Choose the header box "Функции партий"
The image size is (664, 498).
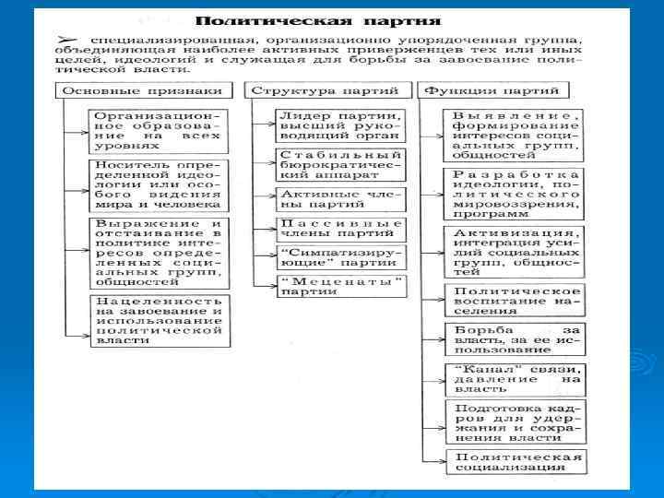click(494, 90)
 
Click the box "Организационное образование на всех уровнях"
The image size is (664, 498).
click(157, 129)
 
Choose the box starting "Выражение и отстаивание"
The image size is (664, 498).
click(157, 254)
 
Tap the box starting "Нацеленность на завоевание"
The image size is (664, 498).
click(157, 320)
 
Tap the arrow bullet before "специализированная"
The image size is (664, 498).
click(66, 41)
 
